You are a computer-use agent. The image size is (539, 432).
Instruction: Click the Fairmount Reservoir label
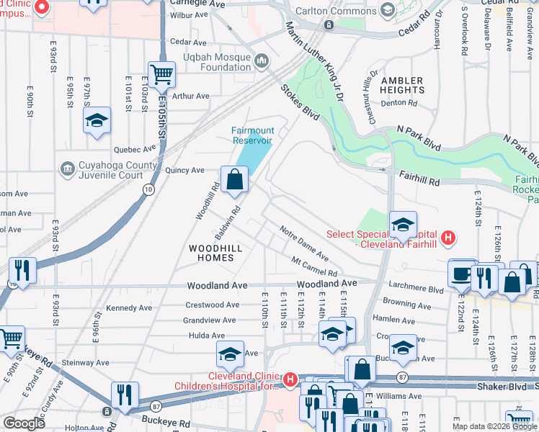[x=252, y=136]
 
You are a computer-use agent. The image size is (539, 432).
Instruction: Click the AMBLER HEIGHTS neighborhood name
[x=402, y=85]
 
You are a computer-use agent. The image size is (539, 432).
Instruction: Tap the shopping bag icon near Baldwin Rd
[x=235, y=180]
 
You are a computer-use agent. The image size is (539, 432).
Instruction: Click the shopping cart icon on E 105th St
[x=162, y=73]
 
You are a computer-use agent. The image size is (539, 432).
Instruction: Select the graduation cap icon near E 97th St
[x=97, y=120]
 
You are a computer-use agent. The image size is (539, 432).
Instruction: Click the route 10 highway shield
[x=148, y=189]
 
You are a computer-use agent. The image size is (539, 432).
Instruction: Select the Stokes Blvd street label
[x=300, y=101]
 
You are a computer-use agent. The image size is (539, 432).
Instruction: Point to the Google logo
[x=24, y=423]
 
